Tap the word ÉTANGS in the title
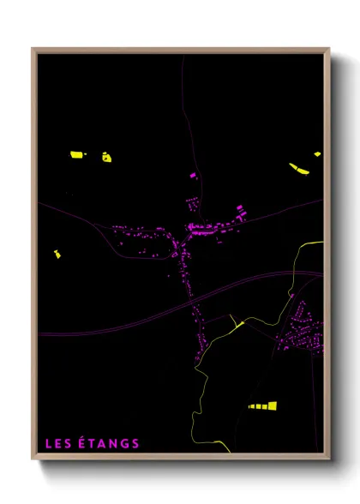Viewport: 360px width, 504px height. [109, 443]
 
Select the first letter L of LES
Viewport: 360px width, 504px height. [48, 443]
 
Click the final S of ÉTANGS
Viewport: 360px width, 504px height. [135, 443]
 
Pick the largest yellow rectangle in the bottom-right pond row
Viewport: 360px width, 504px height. [273, 406]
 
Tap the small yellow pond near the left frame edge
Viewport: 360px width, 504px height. [57, 254]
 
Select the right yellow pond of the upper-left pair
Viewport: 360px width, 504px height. [106, 157]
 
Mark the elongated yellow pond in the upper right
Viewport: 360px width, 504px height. [299, 168]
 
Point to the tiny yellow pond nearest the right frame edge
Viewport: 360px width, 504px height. [317, 154]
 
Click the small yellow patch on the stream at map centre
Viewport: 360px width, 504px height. [239, 324]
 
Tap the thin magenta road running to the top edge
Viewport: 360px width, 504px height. [183, 86]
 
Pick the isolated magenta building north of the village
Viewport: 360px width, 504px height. [192, 175]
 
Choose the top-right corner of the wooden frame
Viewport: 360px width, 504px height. [328, 50]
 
